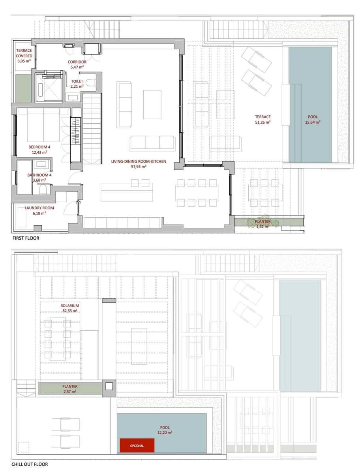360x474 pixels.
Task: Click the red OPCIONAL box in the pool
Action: [137, 445]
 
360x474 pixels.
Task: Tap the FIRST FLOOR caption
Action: [26, 238]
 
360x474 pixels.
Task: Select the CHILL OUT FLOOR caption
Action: [30, 464]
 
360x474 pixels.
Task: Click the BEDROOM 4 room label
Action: [39, 147]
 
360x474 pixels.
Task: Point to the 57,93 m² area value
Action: [139, 167]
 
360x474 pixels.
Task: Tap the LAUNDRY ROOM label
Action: [39, 208]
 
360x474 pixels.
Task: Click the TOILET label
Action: [77, 81]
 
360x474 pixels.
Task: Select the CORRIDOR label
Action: [77, 62]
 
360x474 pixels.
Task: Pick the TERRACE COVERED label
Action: [24, 53]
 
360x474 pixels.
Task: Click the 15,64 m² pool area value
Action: [313, 122]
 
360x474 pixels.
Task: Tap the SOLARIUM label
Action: [70, 306]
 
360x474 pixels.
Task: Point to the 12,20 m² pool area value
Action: [165, 433]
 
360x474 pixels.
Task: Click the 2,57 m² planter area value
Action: [70, 391]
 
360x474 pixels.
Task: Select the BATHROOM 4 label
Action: [39, 175]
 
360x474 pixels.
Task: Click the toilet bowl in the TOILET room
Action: [91, 83]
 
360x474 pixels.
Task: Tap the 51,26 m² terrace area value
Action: [263, 122]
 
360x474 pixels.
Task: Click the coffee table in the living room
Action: [152, 105]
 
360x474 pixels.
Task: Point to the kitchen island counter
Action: [127, 192]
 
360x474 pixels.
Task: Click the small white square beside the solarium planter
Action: [109, 386]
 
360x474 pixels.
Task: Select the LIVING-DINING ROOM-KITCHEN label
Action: [139, 161]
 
